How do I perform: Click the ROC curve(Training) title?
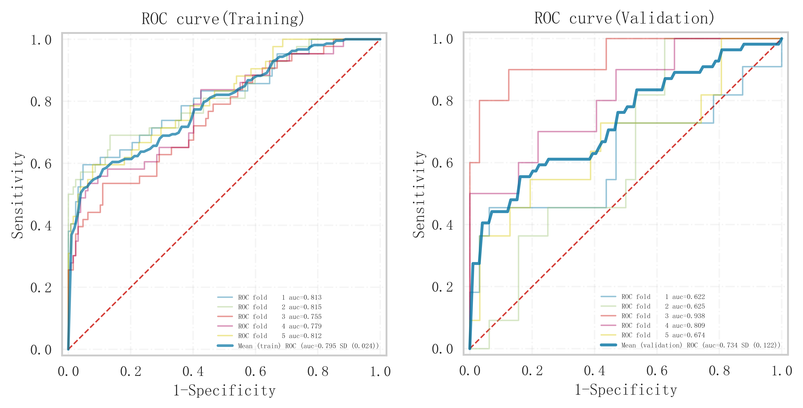pos(223,19)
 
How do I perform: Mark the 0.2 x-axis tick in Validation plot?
pos(532,371)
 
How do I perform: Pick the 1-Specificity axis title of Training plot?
pos(224,391)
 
